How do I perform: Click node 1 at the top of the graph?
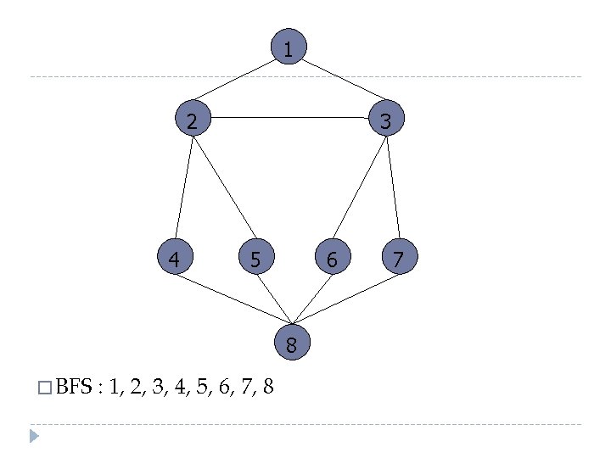pos(289,48)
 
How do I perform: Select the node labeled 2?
pos(193,120)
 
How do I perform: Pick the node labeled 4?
pos(175,257)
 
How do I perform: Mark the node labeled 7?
pos(399,257)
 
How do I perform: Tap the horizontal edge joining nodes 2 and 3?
pos(289,117)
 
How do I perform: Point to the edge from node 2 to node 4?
pos(184,188)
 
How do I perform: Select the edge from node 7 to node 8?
pos(346,298)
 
